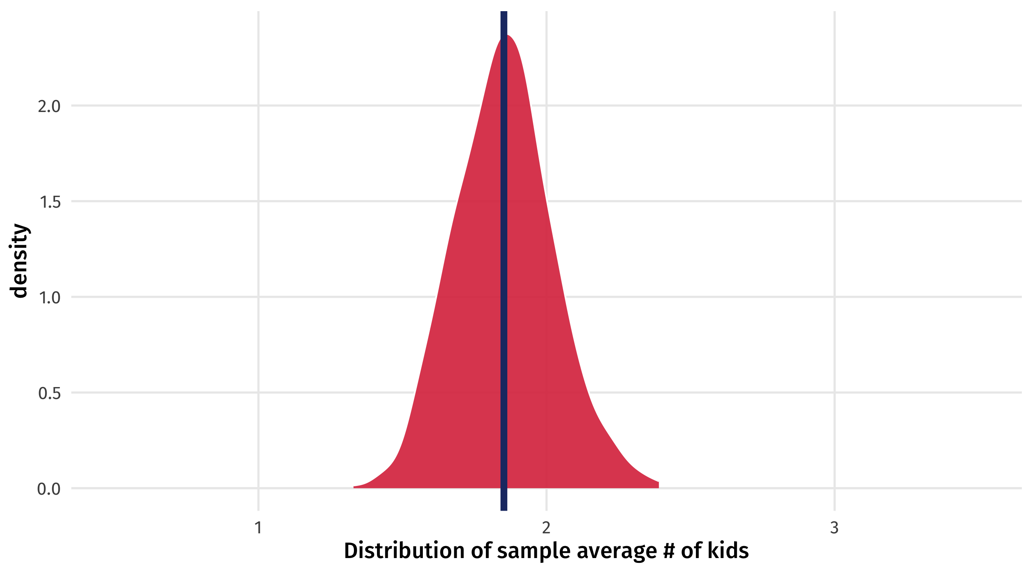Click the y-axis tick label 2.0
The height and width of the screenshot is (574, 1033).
point(49,107)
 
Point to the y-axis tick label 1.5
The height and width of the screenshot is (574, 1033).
point(50,202)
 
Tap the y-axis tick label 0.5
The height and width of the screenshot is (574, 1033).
point(49,393)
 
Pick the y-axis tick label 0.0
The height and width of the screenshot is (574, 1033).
point(49,489)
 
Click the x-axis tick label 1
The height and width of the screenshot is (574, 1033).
point(258,528)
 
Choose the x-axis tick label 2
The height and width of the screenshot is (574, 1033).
point(546,528)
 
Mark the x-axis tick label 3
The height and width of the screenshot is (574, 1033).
point(834,528)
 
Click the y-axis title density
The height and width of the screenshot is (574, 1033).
point(19,261)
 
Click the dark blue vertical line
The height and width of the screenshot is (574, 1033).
point(504,281)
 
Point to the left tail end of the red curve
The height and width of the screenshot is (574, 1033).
point(354,487)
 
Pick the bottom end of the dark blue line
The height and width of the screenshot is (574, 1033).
point(504,509)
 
